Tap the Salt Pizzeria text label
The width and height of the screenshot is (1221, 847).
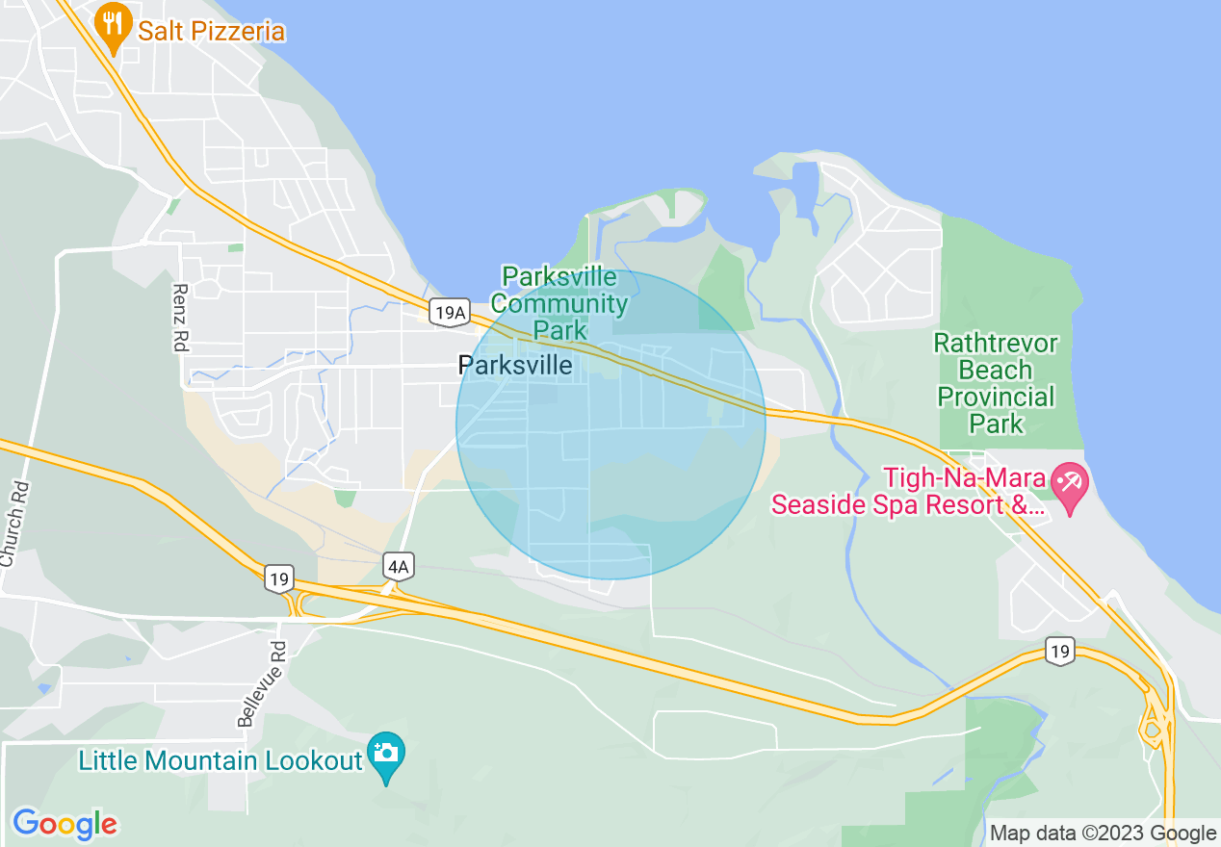(211, 32)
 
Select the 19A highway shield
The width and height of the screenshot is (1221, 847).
(450, 312)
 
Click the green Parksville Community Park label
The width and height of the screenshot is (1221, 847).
(559, 303)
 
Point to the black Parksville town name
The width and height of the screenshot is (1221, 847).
(515, 366)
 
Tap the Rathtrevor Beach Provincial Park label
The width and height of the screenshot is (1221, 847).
(996, 383)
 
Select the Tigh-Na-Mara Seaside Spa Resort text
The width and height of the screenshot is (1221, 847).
(908, 491)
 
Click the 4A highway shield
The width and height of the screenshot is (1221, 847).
(398, 566)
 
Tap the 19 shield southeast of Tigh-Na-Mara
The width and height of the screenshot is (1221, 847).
(1060, 651)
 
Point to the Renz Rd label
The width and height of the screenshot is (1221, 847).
(180, 317)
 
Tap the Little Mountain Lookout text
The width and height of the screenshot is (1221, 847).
(221, 761)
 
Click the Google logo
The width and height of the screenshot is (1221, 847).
(65, 824)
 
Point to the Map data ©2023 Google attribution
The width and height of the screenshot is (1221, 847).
(1104, 834)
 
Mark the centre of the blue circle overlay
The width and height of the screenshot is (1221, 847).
(610, 424)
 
